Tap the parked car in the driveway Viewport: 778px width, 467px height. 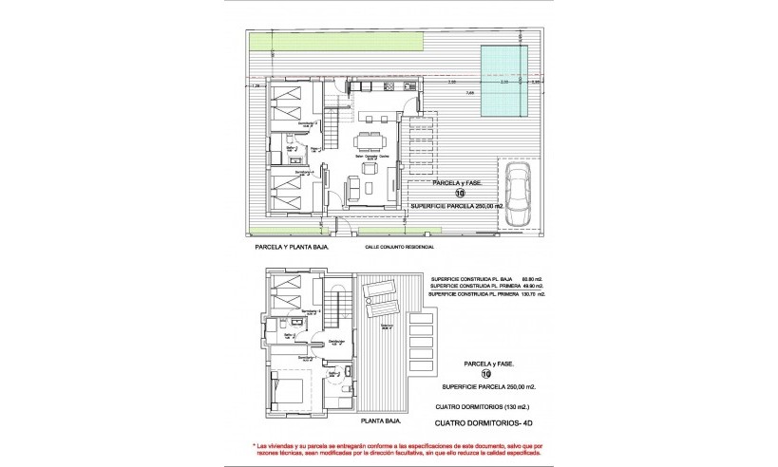[x=519, y=194]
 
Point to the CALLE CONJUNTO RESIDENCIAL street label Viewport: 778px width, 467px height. [x=400, y=246]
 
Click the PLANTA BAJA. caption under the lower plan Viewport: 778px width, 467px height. [x=382, y=420]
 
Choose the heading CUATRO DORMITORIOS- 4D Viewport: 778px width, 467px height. [x=482, y=424]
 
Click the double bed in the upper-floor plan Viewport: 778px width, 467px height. [x=290, y=390]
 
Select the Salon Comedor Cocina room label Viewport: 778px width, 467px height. [x=370, y=158]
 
